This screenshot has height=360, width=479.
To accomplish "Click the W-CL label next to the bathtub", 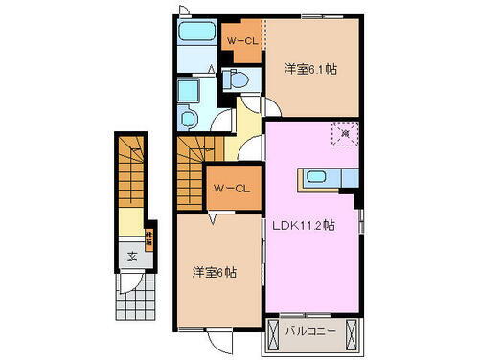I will tap(240, 40).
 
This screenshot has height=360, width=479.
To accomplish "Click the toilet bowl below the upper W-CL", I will tap(239, 80).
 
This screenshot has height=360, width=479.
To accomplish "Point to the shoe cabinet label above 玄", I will tap(149, 234).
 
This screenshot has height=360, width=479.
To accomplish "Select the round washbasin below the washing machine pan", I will tap(187, 121).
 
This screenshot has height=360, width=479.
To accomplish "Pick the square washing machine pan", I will tap(187, 93).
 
